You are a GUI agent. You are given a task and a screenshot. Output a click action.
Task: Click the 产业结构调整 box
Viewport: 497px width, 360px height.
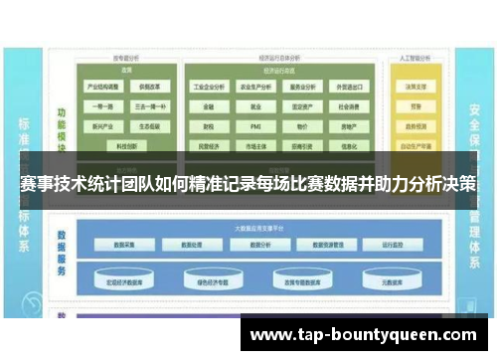click(103, 87)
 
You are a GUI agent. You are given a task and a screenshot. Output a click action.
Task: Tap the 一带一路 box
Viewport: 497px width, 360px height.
click(103, 106)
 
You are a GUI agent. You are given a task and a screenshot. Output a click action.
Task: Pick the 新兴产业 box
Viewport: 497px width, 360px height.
click(103, 127)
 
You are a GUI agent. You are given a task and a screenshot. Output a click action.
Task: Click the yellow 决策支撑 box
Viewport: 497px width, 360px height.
click(415, 87)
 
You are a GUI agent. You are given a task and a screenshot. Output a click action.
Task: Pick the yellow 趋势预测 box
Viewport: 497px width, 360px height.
click(415, 106)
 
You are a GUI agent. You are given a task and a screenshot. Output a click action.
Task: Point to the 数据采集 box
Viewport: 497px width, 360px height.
click(132, 243)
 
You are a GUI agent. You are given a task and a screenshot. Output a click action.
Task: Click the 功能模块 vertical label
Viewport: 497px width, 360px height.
click(62, 124)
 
